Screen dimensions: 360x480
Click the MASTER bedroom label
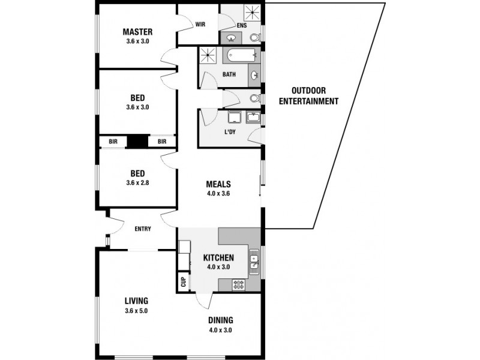137,32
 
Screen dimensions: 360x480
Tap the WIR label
201,25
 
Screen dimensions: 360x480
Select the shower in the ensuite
251,13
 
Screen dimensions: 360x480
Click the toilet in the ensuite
254,38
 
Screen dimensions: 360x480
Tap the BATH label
229,75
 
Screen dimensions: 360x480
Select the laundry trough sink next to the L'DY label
253,118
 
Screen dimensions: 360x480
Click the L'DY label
229,131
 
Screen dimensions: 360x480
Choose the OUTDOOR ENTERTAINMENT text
308,96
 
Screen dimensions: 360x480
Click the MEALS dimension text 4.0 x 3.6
218,194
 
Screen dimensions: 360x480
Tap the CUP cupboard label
183,280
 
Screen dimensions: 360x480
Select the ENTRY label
143,229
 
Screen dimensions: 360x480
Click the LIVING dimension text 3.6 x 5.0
136,311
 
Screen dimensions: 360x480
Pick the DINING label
221,320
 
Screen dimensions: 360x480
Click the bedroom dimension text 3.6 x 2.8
137,182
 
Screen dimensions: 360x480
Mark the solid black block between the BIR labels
137,142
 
